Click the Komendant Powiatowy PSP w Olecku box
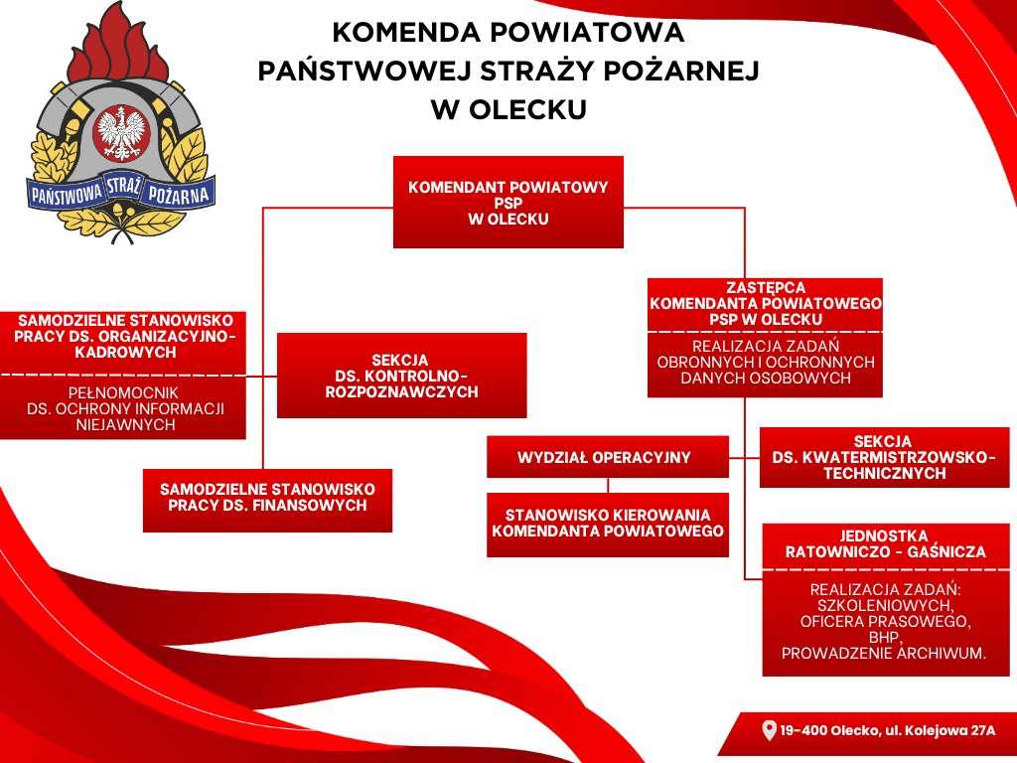pos(508,202)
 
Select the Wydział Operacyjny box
pos(608,457)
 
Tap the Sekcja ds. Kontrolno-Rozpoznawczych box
pos(401,376)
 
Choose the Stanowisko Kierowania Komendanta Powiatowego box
pos(608,525)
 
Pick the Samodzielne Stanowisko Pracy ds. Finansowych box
pos(267,501)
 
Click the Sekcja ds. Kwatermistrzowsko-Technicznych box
pos(884,457)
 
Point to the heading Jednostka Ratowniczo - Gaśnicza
pos(885,544)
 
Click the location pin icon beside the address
pos(769,730)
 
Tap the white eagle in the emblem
pos(122,133)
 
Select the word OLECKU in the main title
pos(527,109)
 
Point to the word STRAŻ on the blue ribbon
pos(123,186)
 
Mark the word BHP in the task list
pos(885,637)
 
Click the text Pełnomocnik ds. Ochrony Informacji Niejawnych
pos(125,408)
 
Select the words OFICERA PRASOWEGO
pos(885,622)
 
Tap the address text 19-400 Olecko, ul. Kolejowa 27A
pos(887,730)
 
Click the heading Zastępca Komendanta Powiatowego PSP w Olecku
pos(766,304)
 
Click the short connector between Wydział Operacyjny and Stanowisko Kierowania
pos(608,485)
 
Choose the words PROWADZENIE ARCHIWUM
pos(884,654)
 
